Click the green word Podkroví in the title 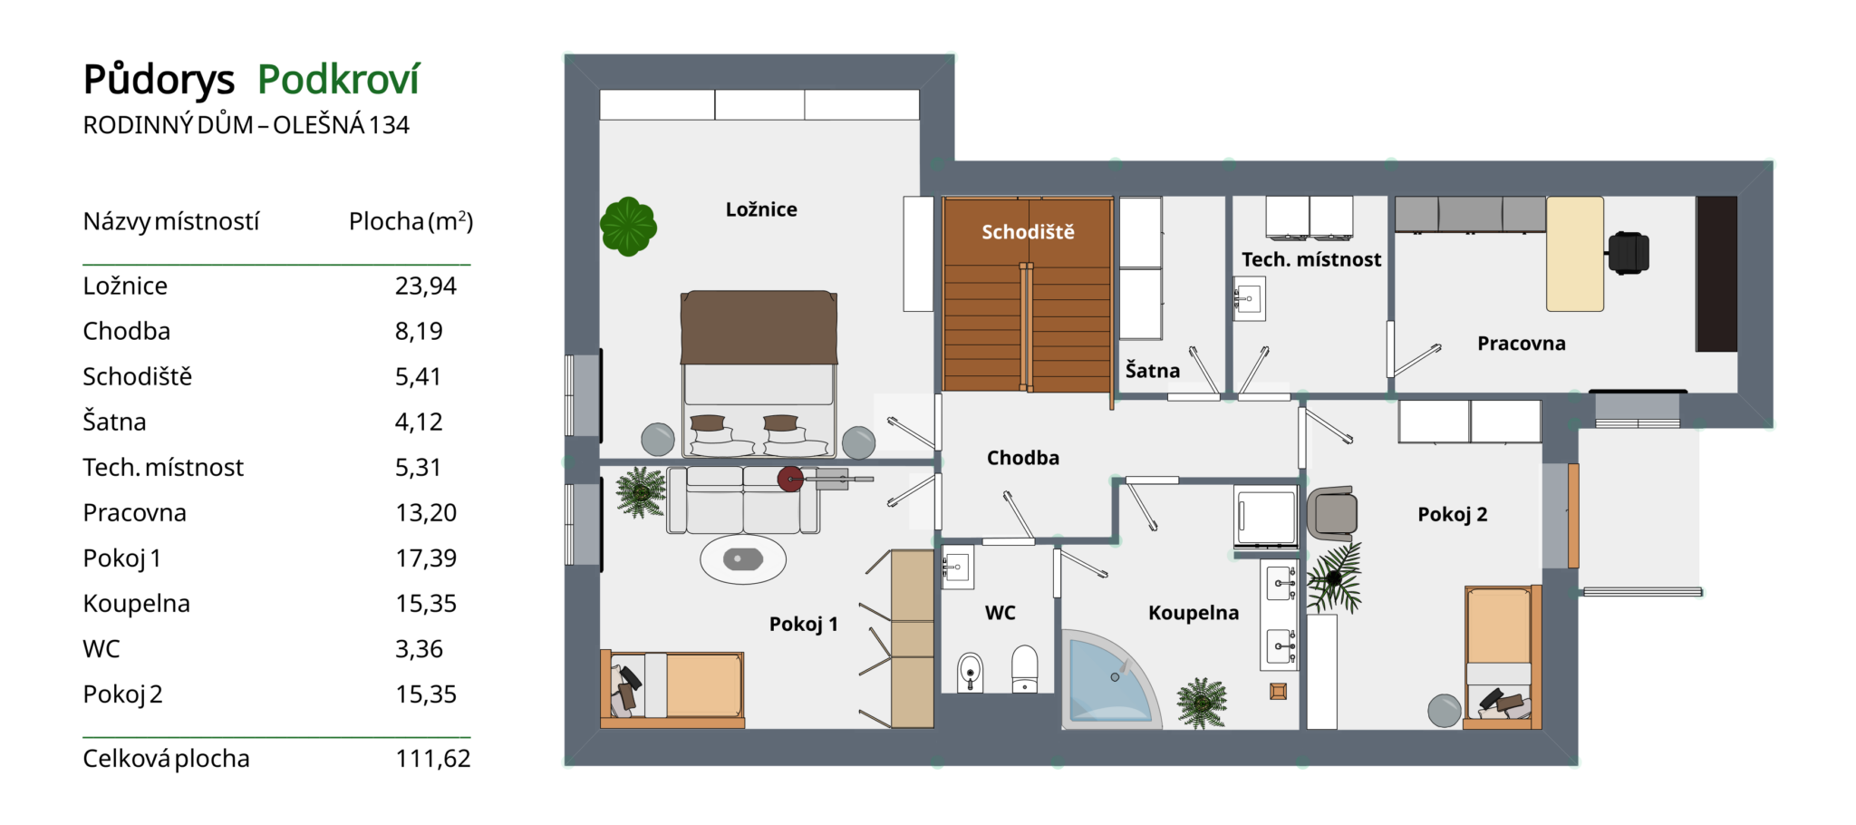point(338,81)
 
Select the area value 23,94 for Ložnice point(426,286)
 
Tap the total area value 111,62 point(433,759)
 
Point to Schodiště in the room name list point(138,376)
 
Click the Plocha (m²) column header point(411,221)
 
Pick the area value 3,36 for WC point(419,649)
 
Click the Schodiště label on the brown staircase point(1028,232)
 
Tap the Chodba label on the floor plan point(1023,458)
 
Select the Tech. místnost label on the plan point(1311,260)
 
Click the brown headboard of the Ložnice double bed point(759,327)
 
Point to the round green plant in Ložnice point(628,226)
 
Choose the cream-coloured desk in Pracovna point(1575,255)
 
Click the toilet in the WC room point(1025,669)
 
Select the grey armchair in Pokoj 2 point(1332,513)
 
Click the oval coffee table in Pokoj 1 point(743,558)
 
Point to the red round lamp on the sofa point(790,478)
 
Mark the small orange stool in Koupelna point(1278,692)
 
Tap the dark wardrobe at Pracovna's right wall point(1716,274)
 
